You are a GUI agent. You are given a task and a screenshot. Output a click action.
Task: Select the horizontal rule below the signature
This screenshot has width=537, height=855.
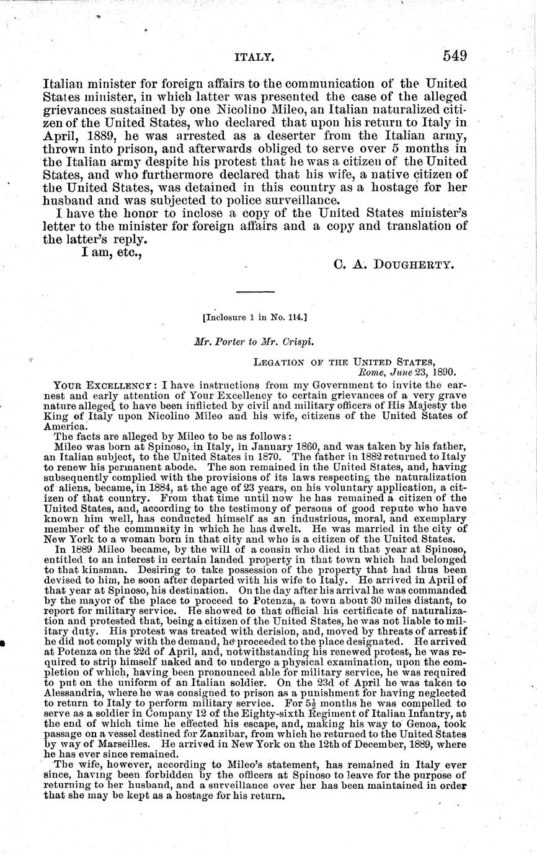(255, 291)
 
